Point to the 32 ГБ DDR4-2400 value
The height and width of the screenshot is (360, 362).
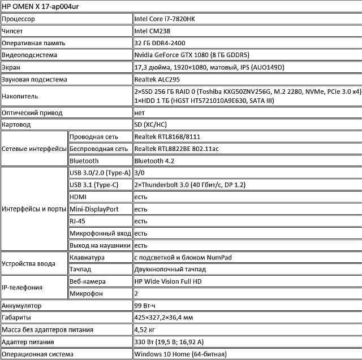[x=160, y=43]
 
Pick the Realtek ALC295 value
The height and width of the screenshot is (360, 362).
[x=158, y=79]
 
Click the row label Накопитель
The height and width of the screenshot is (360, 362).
[x=20, y=97]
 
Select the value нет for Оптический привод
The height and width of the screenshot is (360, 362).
[x=139, y=112]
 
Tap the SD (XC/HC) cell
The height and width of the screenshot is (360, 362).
[x=150, y=124]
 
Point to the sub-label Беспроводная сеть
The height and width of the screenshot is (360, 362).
[x=98, y=149]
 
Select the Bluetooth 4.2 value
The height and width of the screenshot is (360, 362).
[x=153, y=161]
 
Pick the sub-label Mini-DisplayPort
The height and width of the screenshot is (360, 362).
[x=94, y=209]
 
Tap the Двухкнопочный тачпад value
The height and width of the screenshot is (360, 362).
[x=169, y=269]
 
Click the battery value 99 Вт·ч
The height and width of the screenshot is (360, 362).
[x=146, y=306]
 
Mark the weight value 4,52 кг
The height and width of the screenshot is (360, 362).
[x=144, y=329]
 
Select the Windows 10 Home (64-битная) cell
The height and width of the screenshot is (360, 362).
[x=180, y=354]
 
